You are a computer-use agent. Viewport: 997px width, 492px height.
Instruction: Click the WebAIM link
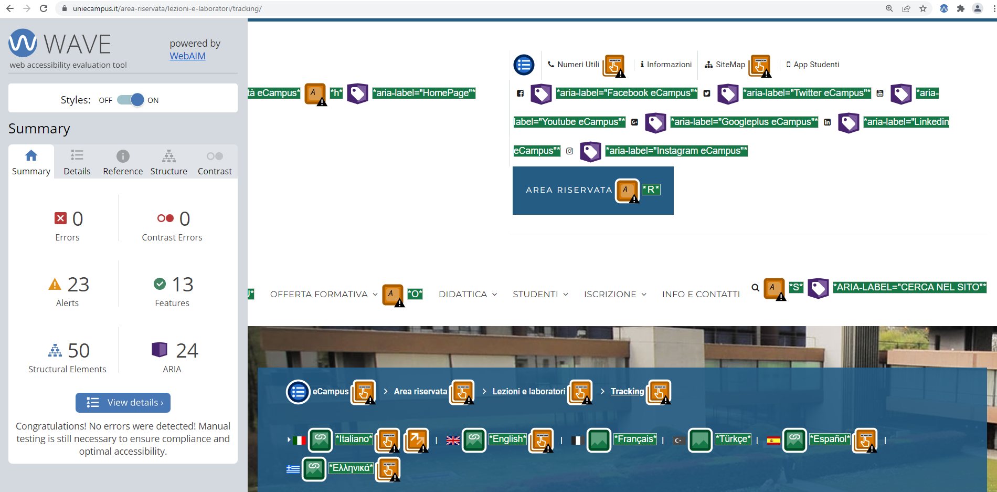pyautogui.click(x=187, y=56)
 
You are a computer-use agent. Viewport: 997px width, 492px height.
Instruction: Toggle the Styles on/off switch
pyautogui.click(x=131, y=100)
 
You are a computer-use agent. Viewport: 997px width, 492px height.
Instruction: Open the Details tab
pyautogui.click(x=77, y=162)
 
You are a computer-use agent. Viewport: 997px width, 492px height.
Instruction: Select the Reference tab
pyautogui.click(x=123, y=162)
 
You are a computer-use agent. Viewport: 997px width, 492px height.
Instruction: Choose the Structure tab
pyautogui.click(x=169, y=162)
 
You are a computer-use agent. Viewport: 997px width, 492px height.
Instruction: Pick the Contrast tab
pyautogui.click(x=215, y=162)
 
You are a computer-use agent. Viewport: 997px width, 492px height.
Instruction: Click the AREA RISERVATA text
pyautogui.click(x=569, y=190)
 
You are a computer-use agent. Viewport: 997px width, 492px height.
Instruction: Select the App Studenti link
pyautogui.click(x=813, y=65)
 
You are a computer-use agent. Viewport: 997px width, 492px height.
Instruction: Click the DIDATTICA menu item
pyautogui.click(x=468, y=294)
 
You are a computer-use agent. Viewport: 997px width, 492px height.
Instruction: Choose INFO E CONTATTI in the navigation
pyautogui.click(x=701, y=294)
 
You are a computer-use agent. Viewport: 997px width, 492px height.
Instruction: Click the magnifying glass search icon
pyautogui.click(x=755, y=287)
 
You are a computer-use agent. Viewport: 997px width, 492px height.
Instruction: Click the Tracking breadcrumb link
pyautogui.click(x=627, y=391)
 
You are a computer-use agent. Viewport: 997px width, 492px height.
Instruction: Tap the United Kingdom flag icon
pyautogui.click(x=453, y=441)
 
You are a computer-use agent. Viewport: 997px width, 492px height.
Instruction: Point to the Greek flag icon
pyautogui.click(x=293, y=469)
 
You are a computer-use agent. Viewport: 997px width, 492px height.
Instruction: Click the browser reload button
pyautogui.click(x=44, y=8)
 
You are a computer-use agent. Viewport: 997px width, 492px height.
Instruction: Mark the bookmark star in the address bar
pyautogui.click(x=923, y=8)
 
